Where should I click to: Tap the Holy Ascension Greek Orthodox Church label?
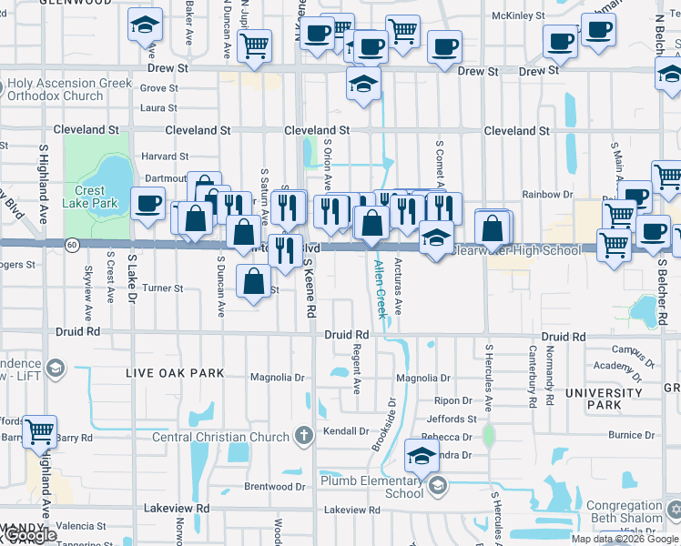pyautogui.click(x=69, y=89)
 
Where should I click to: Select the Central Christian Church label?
pyautogui.click(x=220, y=437)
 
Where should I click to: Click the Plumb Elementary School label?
pyautogui.click(x=371, y=486)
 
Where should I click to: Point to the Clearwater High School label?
pyautogui.click(x=516, y=250)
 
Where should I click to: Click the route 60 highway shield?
pyautogui.click(x=71, y=244)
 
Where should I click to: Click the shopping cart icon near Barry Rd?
pyautogui.click(x=39, y=430)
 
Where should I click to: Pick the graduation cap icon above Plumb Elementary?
pyautogui.click(x=422, y=456)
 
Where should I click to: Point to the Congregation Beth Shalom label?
pyautogui.click(x=625, y=511)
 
